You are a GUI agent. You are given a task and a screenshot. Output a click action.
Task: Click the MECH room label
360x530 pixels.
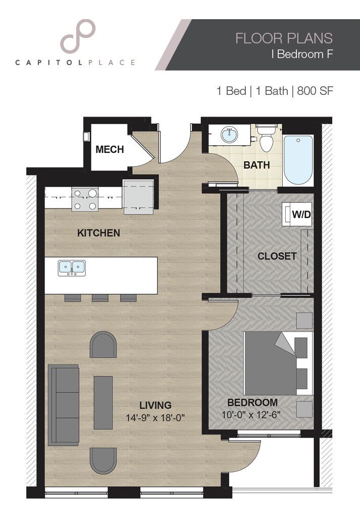point(110,149)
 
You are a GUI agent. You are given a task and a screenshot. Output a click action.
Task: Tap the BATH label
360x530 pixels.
point(256,165)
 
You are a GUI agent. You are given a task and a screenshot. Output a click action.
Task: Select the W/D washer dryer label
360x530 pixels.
point(301,214)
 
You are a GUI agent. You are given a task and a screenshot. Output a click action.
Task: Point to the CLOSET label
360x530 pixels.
point(277,256)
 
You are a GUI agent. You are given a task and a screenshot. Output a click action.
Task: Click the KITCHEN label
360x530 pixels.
point(98,233)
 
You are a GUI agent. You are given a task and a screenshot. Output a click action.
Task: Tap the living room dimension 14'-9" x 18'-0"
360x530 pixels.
point(156,418)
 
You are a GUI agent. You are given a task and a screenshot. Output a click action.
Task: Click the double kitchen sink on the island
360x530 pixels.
point(71,268)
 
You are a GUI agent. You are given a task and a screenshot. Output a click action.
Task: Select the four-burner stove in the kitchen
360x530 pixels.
point(84,199)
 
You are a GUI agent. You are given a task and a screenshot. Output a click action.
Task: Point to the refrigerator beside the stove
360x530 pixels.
point(138,196)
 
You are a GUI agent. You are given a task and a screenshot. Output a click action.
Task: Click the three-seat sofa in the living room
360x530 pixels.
point(64,405)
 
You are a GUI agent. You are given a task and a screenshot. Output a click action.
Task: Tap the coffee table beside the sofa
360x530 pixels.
point(103,402)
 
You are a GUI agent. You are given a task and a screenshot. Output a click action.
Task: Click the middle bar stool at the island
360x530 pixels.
point(100,298)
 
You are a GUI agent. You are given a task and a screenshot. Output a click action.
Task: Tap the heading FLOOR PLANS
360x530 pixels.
point(284,38)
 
